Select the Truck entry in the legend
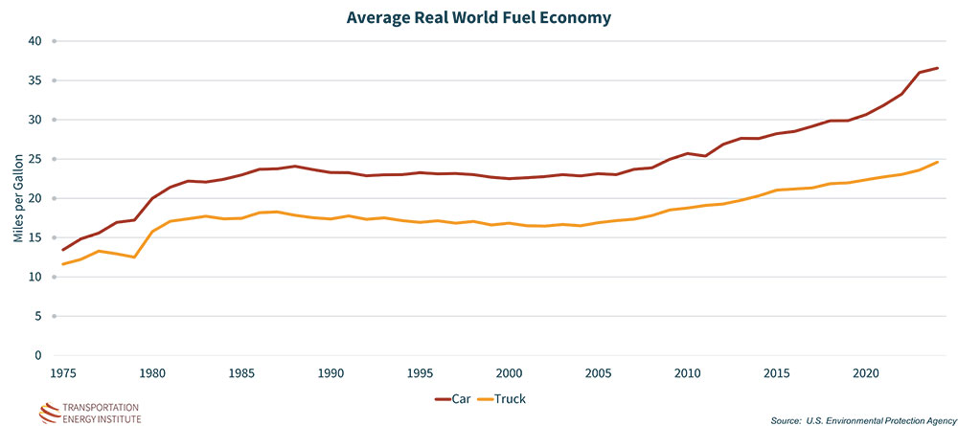click(518, 398)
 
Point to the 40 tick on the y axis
click(36, 41)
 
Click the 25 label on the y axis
click(36, 159)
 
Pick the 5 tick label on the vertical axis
click(39, 316)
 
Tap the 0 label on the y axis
click(39, 355)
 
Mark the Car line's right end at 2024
click(937, 68)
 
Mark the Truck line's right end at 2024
click(937, 162)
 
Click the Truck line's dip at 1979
click(135, 257)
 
